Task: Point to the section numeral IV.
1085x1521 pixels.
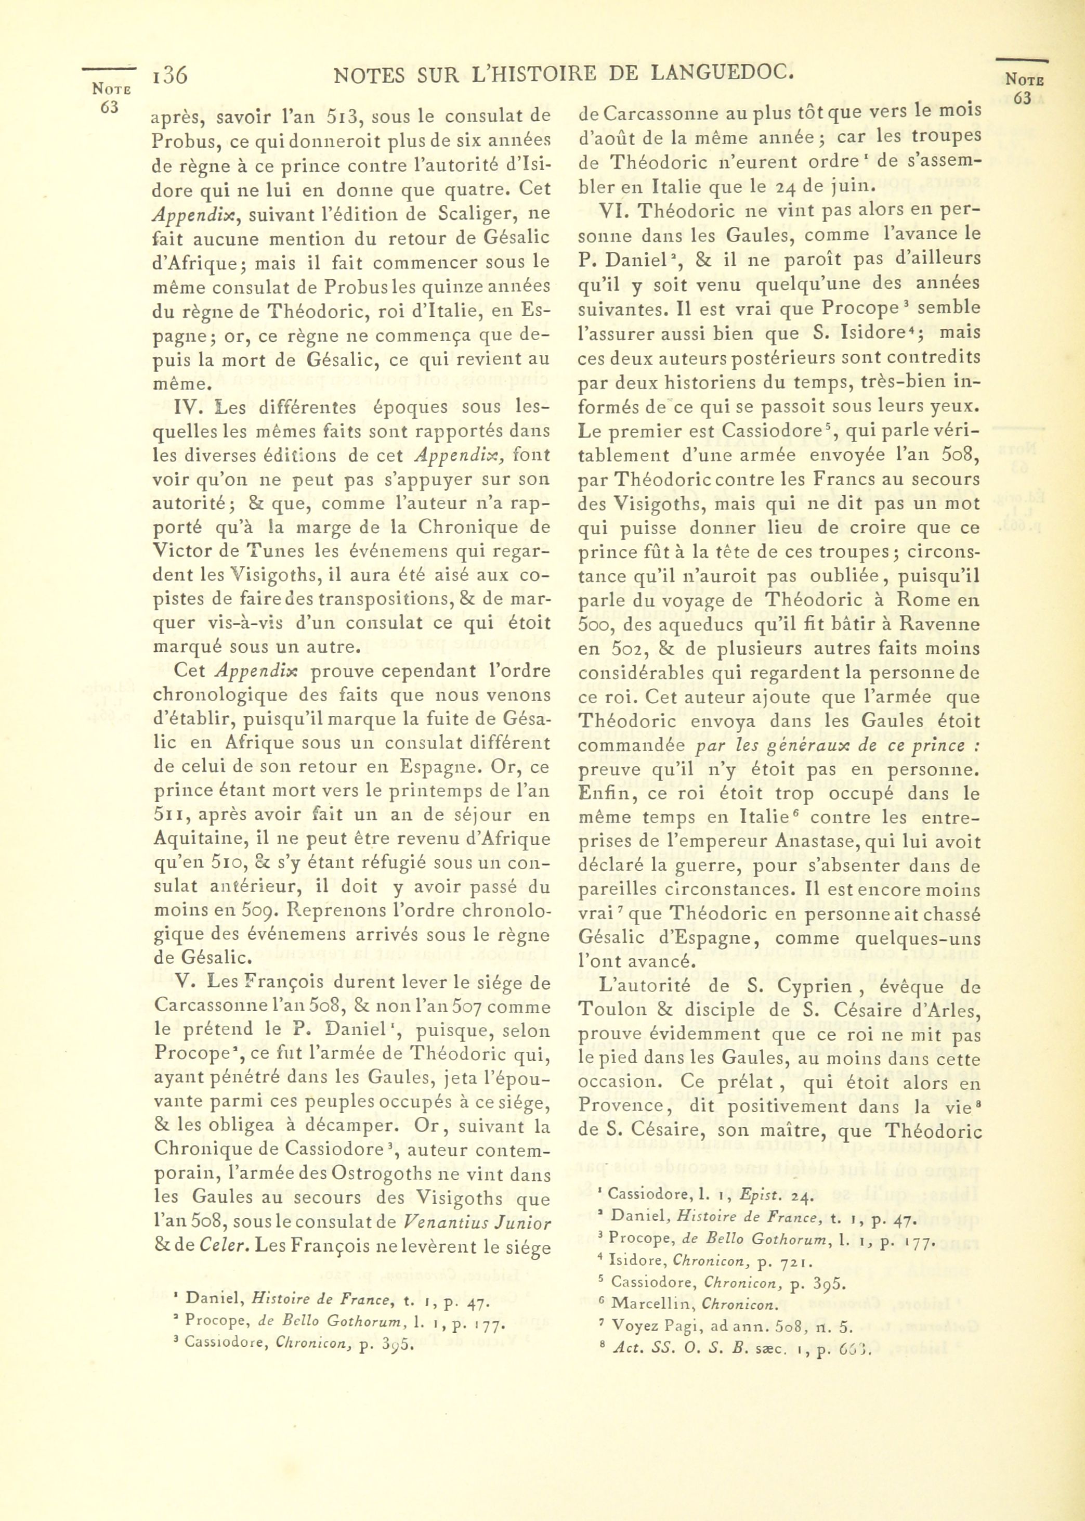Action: (185, 408)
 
